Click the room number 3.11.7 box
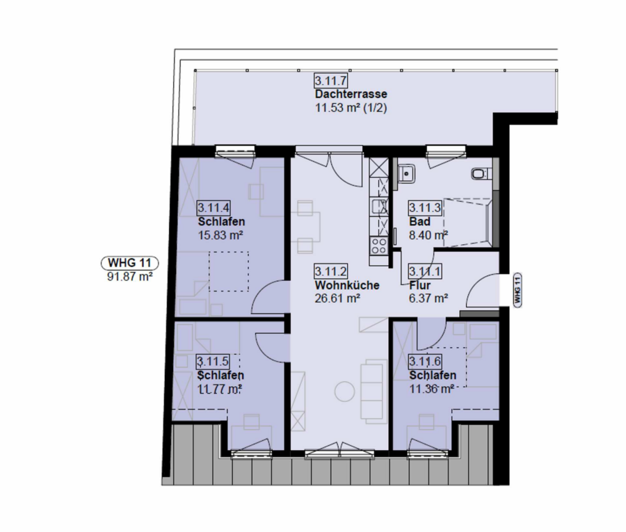(331, 81)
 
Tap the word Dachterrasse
(351, 94)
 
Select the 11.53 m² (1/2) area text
(351, 108)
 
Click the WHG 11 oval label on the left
(129, 263)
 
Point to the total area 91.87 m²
(130, 276)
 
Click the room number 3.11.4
(214, 207)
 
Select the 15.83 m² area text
(220, 235)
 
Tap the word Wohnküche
(347, 285)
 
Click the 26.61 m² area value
(338, 298)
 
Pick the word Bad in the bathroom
(419, 222)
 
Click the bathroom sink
(407, 174)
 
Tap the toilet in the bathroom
(480, 174)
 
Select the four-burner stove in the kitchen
(379, 246)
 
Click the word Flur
(420, 285)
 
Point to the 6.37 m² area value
(428, 298)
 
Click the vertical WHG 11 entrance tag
(517, 290)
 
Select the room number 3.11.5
(214, 362)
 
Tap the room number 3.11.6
(425, 362)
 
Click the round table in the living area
(344, 392)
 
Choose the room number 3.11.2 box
(331, 271)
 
